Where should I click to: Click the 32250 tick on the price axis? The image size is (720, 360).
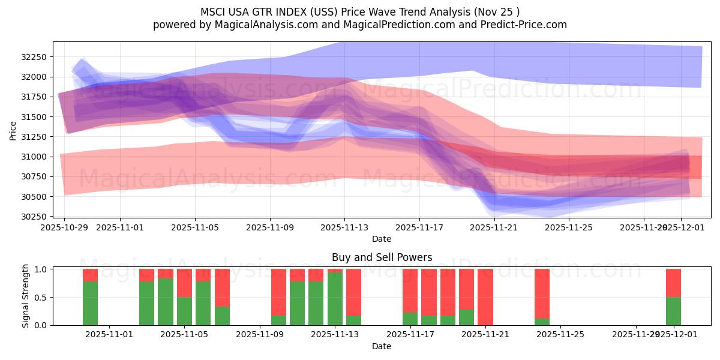pos(36,57)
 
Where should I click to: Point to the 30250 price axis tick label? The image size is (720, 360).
pos(36,217)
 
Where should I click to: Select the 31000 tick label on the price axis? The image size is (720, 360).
pos(36,157)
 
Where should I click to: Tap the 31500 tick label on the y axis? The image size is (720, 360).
pos(36,117)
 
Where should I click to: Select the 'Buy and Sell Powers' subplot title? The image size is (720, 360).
pos(382,257)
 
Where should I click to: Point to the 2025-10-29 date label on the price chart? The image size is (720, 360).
pos(64,227)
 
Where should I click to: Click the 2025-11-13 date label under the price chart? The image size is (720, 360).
pos(344,227)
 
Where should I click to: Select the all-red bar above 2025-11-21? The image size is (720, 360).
pos(485,297)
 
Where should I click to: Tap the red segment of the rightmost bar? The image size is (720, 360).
pos(673,283)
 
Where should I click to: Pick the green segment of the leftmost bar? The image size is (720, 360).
pos(91,303)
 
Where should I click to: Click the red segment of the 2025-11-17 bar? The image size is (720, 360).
pos(410,290)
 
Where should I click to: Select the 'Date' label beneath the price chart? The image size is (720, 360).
pos(382,239)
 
